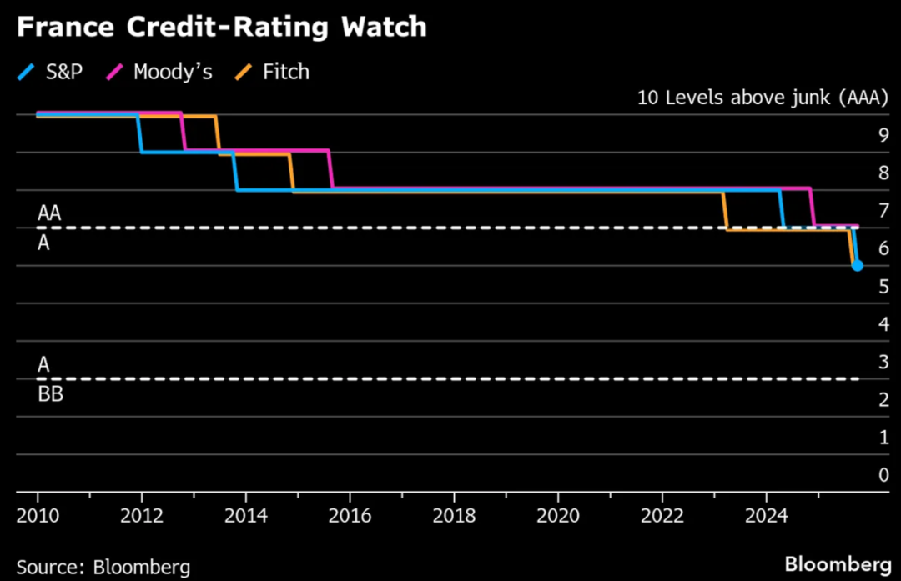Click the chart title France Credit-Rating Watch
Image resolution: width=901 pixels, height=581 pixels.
coord(221,28)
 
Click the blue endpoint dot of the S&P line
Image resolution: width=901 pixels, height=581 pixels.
coord(857,266)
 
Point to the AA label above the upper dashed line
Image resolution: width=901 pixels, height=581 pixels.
coord(50,214)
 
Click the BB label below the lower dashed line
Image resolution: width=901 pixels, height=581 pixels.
coord(50,394)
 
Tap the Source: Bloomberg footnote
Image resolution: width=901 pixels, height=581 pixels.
coord(103,568)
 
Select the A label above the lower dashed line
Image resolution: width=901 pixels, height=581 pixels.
coord(43,364)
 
